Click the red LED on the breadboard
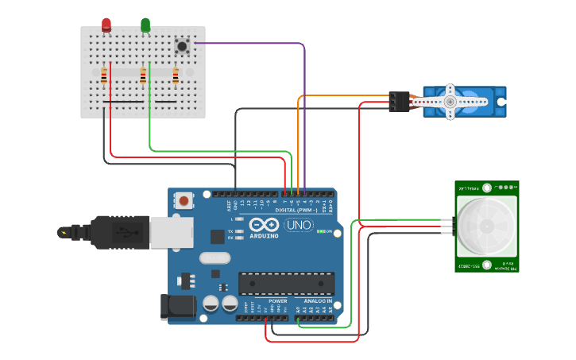tap(106, 25)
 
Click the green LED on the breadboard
tap(145, 25)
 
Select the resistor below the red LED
tap(104, 75)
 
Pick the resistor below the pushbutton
tap(176, 75)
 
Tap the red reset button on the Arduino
tap(184, 201)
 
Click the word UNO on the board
tap(298, 225)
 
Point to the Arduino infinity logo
tap(265, 224)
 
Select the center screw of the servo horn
tap(450, 102)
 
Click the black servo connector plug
tap(398, 102)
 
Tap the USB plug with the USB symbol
tap(120, 232)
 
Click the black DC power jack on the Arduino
tap(176, 308)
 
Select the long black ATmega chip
tap(286, 283)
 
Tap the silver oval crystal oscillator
tap(215, 257)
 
